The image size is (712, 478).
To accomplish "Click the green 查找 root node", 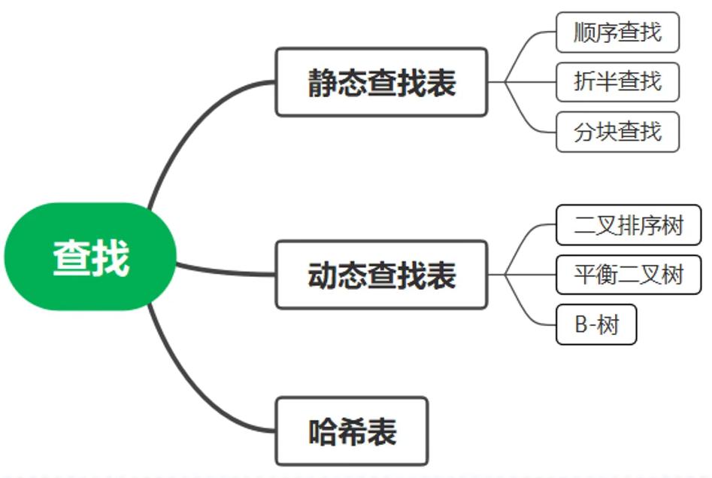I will [90, 257].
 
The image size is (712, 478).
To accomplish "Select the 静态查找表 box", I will [381, 82].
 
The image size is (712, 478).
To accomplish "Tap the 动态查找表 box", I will [381, 275].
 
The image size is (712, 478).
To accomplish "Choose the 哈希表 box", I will [352, 431].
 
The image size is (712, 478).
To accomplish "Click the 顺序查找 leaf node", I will [617, 32].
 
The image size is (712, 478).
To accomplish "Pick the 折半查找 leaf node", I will [617, 81].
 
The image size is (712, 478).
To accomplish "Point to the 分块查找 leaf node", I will [617, 132].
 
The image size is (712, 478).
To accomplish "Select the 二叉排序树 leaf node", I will [629, 225].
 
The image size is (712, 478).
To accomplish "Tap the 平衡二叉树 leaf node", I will [629, 275].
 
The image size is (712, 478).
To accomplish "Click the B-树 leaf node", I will [596, 324].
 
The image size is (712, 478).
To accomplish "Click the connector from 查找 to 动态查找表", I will [226, 272].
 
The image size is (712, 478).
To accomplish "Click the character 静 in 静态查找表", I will [323, 83].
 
